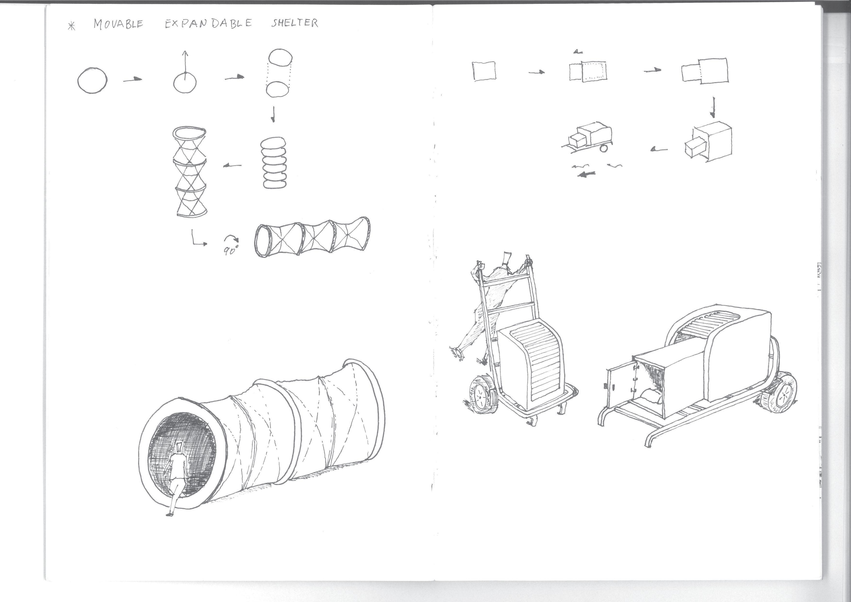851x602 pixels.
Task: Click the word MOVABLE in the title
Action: click(118, 24)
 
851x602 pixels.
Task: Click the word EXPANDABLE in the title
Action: click(208, 23)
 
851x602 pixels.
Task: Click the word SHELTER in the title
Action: click(295, 23)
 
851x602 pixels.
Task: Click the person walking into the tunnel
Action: click(176, 478)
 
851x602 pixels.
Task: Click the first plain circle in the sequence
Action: click(93, 80)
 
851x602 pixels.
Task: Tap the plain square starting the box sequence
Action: click(484, 71)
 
